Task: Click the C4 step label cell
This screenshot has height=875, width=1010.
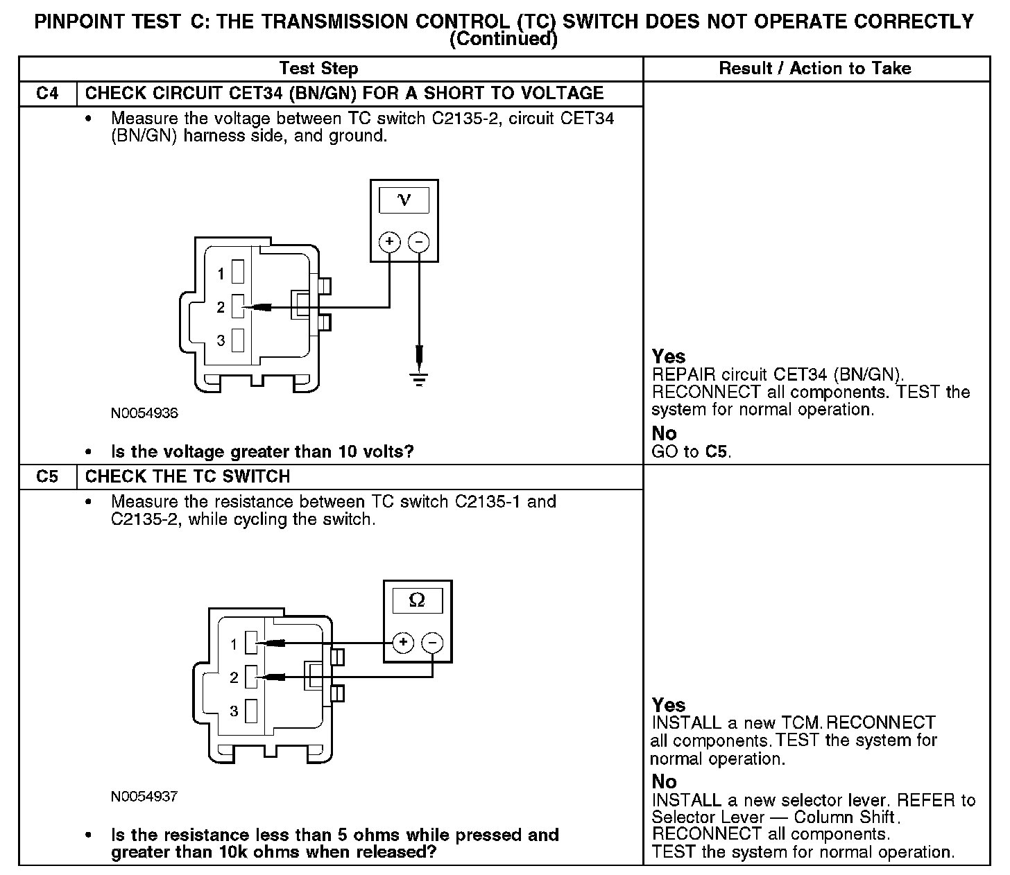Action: click(47, 93)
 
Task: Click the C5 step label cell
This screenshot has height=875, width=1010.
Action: click(47, 476)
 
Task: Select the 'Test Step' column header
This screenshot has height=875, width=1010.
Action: click(318, 68)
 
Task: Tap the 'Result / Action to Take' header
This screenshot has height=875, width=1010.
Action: click(815, 68)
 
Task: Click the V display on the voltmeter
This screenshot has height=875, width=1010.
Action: click(404, 200)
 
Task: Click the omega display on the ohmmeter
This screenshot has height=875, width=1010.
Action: click(417, 600)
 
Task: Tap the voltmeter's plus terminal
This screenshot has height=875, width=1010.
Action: click(390, 241)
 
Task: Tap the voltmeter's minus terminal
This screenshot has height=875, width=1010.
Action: click(418, 241)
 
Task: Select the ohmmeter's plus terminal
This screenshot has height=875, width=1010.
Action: click(403, 643)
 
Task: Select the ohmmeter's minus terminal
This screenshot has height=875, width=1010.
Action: click(432, 643)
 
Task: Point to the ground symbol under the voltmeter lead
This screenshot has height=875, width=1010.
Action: click(419, 379)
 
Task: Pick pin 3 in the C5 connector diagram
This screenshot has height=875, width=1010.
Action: click(251, 711)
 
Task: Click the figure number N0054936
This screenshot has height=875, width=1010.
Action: click(144, 414)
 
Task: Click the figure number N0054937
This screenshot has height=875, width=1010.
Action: click(144, 797)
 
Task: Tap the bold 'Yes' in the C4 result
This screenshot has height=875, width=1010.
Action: click(669, 356)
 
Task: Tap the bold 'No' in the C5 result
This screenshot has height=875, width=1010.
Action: click(664, 781)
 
